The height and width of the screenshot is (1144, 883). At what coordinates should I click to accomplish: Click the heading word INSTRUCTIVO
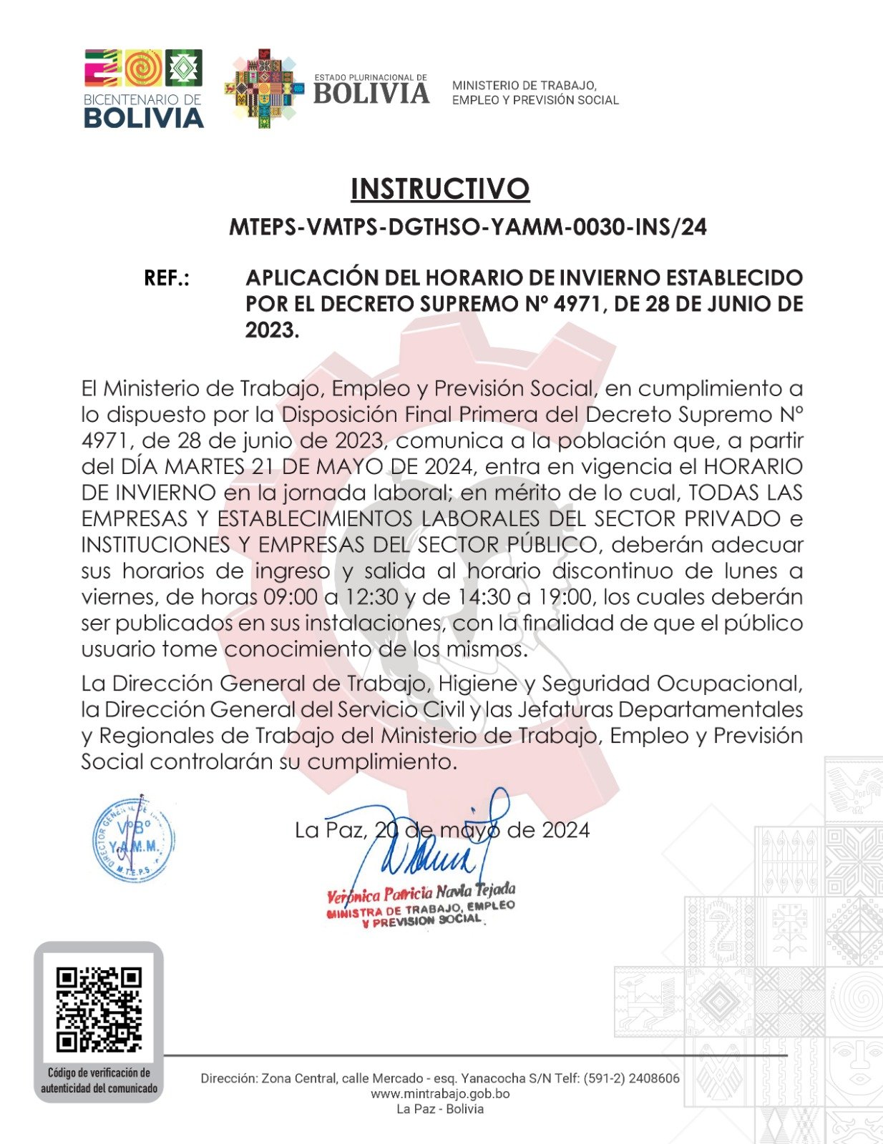click(439, 189)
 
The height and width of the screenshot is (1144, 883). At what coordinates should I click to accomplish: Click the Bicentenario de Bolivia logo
click(144, 89)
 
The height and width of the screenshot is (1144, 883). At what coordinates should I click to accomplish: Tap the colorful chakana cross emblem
click(261, 89)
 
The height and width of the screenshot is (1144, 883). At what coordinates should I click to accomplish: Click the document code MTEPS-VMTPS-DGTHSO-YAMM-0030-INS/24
click(467, 227)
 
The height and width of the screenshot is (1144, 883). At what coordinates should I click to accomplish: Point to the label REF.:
click(167, 278)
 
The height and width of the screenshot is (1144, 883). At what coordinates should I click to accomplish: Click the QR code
click(99, 1009)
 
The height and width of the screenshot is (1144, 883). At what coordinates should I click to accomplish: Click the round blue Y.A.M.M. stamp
click(134, 839)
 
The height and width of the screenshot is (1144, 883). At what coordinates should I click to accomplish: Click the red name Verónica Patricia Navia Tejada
click(421, 893)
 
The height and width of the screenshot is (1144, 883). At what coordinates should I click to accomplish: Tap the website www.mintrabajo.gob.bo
click(440, 1094)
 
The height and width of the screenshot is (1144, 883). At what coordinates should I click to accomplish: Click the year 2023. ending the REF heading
click(272, 330)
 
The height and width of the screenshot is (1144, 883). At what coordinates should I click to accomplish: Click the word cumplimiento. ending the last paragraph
click(382, 762)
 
